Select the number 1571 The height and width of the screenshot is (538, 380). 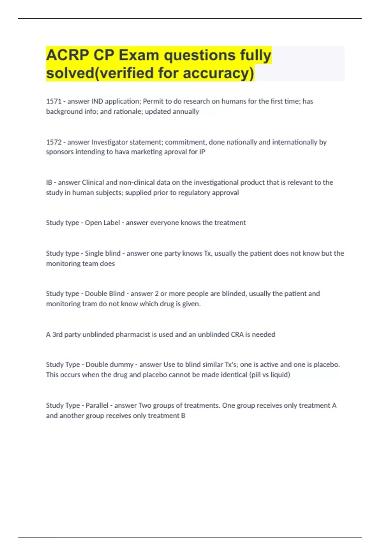click(x=54, y=101)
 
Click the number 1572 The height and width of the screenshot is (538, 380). click(x=54, y=142)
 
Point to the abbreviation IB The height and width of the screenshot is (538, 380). click(x=49, y=183)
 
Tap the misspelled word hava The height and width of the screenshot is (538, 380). click(x=122, y=152)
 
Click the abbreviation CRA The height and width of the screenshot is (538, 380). click(x=237, y=335)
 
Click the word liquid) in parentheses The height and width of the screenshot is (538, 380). click(x=280, y=375)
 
